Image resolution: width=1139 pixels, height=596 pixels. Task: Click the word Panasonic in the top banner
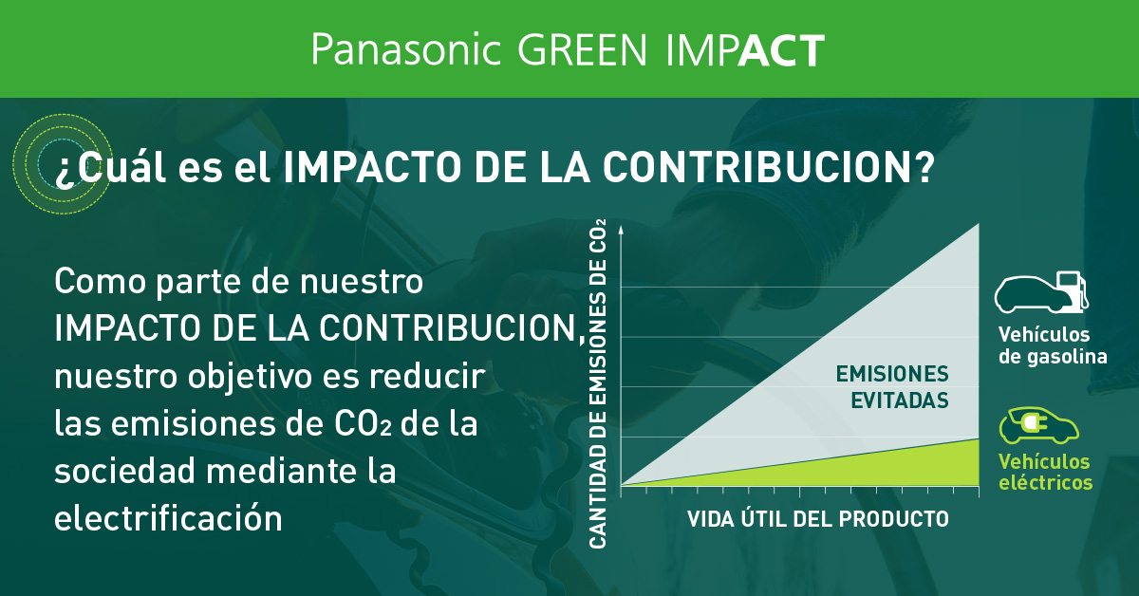pyautogui.click(x=405, y=49)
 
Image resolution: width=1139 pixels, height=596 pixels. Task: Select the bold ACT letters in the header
pyautogui.click(x=780, y=50)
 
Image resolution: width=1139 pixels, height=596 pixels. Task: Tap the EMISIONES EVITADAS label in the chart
pyautogui.click(x=891, y=386)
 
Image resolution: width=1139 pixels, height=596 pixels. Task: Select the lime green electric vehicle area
pyautogui.click(x=911, y=465)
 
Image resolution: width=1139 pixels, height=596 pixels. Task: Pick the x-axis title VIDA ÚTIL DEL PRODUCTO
pyautogui.click(x=817, y=519)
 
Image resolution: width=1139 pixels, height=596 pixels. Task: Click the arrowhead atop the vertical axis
pyautogui.click(x=620, y=231)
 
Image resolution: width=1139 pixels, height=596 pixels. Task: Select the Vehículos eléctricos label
pyautogui.click(x=1044, y=472)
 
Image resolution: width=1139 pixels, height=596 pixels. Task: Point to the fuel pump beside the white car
pyautogui.click(x=1073, y=289)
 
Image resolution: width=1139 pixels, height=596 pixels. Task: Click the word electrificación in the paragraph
pyautogui.click(x=168, y=518)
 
